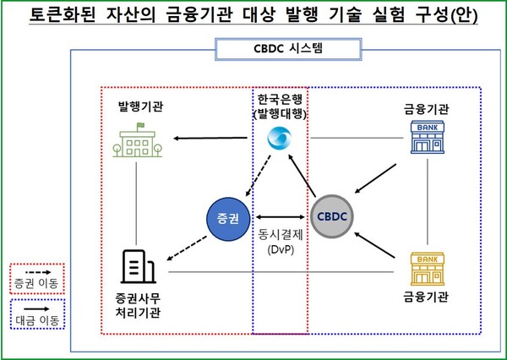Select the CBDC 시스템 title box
(x=280, y=50)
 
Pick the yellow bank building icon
(x=428, y=270)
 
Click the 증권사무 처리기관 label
(x=137, y=306)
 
